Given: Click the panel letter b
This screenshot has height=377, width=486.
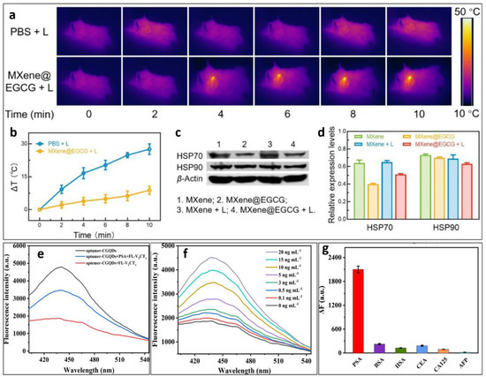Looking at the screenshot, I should click(x=7, y=136).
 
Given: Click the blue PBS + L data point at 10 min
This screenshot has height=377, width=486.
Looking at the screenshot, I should click(x=150, y=149).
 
